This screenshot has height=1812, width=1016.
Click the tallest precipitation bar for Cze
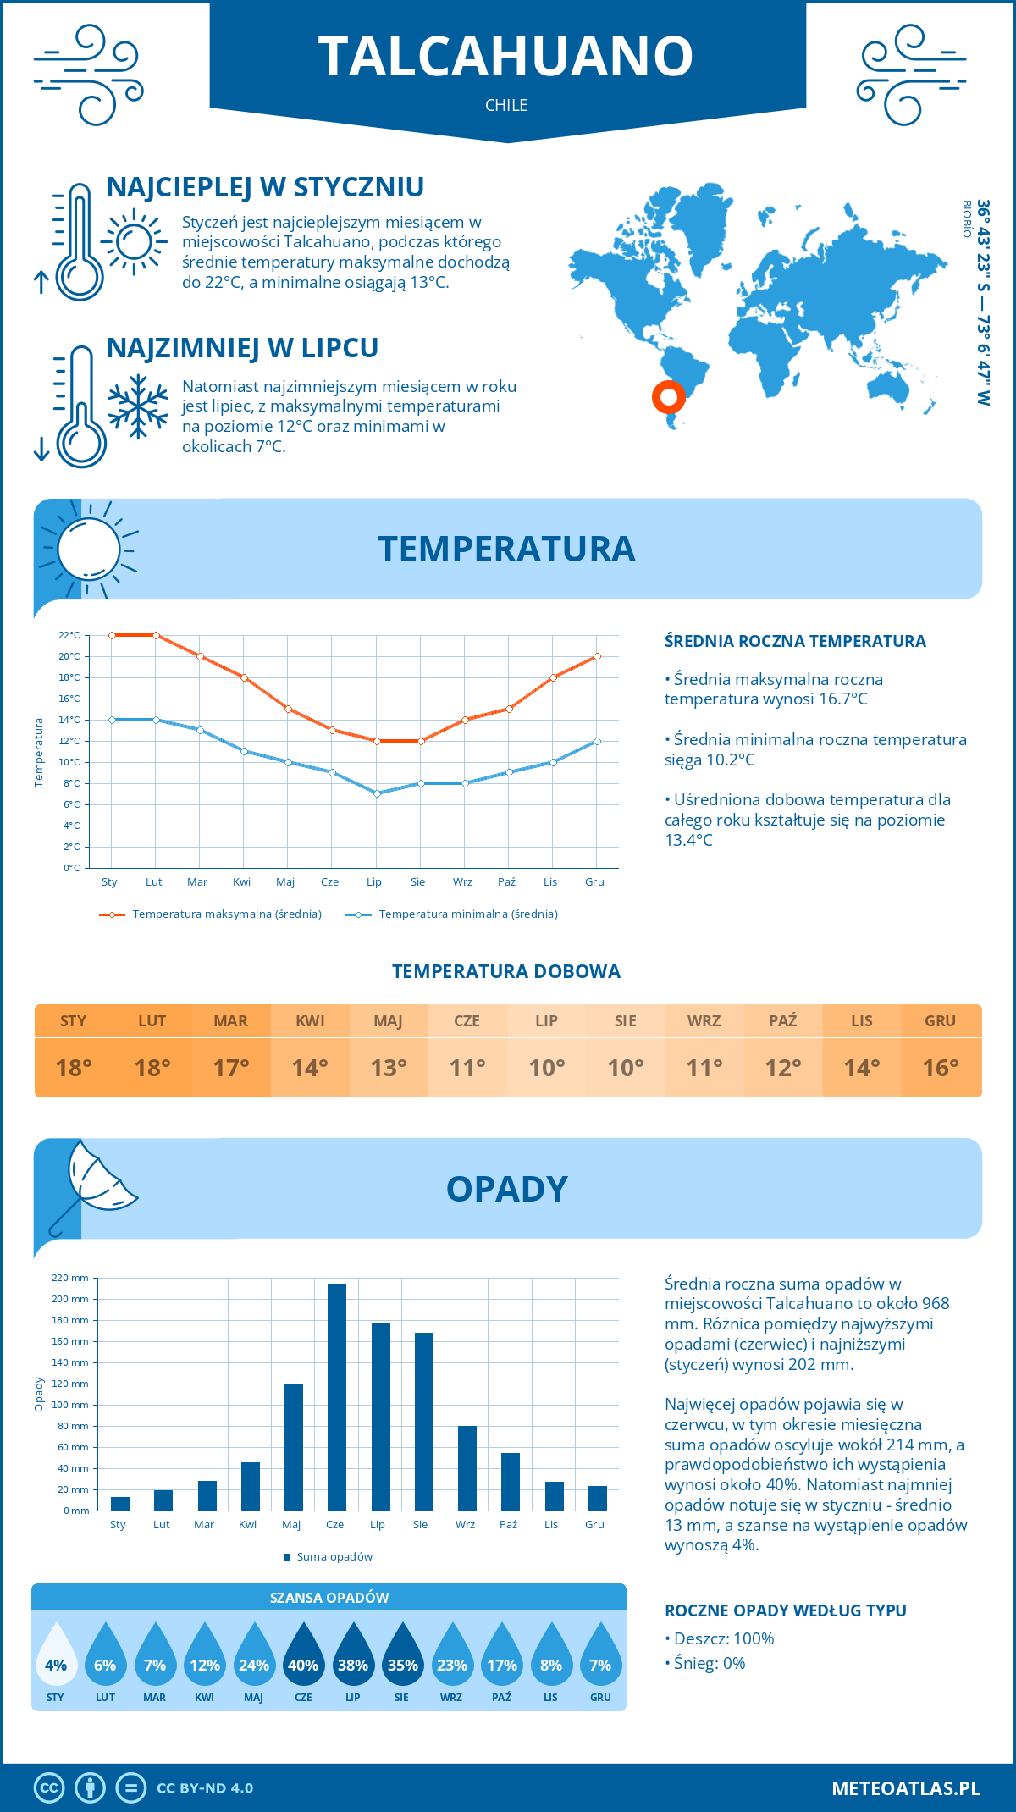tap(337, 1397)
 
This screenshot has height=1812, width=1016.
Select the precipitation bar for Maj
tap(294, 1447)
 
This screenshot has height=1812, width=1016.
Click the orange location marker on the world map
tap(668, 396)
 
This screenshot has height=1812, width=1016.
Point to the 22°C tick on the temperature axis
tap(69, 635)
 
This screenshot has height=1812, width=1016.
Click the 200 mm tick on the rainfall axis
tap(70, 1299)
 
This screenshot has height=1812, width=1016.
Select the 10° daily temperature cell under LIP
tap(546, 1068)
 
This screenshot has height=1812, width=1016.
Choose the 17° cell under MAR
tap(231, 1068)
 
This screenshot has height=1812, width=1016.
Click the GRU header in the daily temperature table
tap(940, 1021)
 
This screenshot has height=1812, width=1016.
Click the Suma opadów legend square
tap(288, 1557)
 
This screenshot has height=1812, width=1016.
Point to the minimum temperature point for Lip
tap(377, 793)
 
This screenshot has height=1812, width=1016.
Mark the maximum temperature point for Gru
tap(597, 656)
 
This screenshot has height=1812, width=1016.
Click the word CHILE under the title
tap(506, 105)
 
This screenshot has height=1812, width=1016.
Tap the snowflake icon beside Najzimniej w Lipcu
tap(138, 406)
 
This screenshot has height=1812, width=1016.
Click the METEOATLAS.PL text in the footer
tap(906, 1788)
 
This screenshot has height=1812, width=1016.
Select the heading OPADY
tap(506, 1189)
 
